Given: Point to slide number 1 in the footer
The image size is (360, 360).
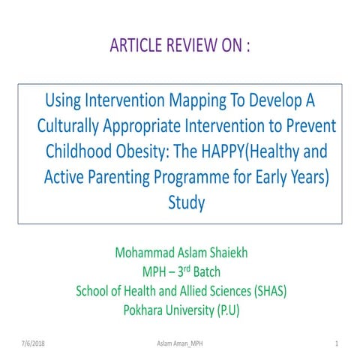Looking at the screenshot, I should [x=338, y=343].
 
